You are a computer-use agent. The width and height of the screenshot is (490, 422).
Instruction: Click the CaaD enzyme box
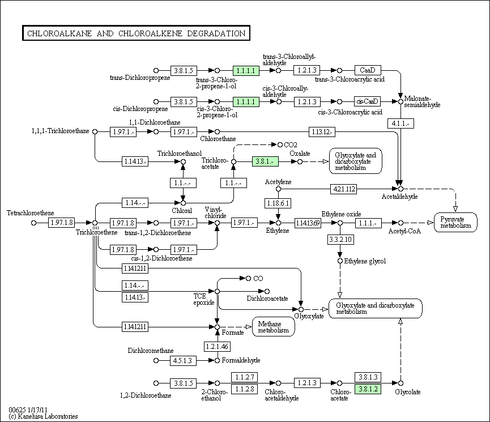click(x=368, y=70)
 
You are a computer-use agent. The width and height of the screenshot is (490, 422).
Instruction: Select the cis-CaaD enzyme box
click(x=368, y=101)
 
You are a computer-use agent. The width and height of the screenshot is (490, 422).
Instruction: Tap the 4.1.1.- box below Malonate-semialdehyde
click(x=400, y=123)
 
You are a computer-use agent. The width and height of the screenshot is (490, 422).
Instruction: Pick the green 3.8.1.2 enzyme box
click(x=368, y=389)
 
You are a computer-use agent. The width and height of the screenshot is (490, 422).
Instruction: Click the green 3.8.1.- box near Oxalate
click(x=265, y=161)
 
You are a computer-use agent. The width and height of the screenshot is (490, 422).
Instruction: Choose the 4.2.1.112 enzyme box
click(x=344, y=189)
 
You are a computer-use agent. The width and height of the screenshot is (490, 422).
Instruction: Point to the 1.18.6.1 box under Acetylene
click(x=278, y=203)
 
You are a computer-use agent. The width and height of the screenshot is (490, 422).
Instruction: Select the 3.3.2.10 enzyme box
click(x=340, y=240)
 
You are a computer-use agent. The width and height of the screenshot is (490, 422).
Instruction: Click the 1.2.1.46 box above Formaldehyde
click(x=217, y=346)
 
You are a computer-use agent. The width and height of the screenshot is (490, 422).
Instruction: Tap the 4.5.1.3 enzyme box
click(x=183, y=360)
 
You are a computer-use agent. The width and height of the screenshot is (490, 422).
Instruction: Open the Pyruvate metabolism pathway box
click(x=455, y=222)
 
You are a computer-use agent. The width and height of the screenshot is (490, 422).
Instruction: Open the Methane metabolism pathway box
click(x=274, y=327)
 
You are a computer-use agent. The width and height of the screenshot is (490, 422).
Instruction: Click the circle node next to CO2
click(x=280, y=145)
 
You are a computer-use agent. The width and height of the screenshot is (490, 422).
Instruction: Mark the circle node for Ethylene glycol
click(x=340, y=261)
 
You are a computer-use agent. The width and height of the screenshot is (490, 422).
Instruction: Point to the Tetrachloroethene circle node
click(x=34, y=223)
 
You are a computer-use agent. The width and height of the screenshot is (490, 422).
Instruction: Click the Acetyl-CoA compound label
click(x=404, y=231)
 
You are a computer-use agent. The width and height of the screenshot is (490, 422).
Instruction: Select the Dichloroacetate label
click(x=267, y=299)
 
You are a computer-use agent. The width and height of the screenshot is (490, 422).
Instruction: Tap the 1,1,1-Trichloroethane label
click(x=60, y=131)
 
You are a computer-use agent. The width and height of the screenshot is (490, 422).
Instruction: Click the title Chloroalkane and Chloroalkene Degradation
click(x=137, y=33)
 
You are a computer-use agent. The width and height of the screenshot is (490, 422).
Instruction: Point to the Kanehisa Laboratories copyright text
click(x=44, y=416)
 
